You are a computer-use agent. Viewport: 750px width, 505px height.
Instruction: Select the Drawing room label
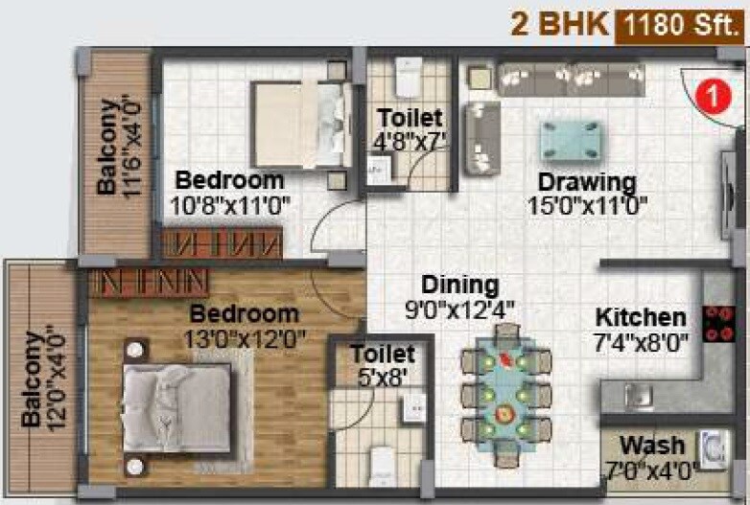tap(587, 182)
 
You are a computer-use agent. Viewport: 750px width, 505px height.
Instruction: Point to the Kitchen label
tap(641, 317)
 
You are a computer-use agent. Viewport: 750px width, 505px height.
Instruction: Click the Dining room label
tap(460, 286)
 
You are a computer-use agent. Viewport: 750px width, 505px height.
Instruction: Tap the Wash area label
tap(652, 446)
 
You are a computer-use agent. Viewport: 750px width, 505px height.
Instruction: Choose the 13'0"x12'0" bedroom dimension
tap(245, 338)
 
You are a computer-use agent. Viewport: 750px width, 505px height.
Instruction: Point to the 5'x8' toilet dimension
tap(383, 377)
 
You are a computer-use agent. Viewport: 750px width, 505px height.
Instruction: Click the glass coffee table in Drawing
tap(571, 140)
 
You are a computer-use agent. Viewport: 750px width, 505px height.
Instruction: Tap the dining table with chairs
tap(507, 393)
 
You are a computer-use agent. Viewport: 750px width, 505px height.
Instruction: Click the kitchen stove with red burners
tap(718, 324)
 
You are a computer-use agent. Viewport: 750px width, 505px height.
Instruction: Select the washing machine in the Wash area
tap(714, 449)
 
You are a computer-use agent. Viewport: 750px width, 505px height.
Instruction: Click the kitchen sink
tap(634, 395)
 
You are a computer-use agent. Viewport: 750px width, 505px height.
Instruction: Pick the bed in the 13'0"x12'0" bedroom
tap(178, 398)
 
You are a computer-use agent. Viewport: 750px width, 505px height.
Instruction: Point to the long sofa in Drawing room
tap(570, 79)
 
